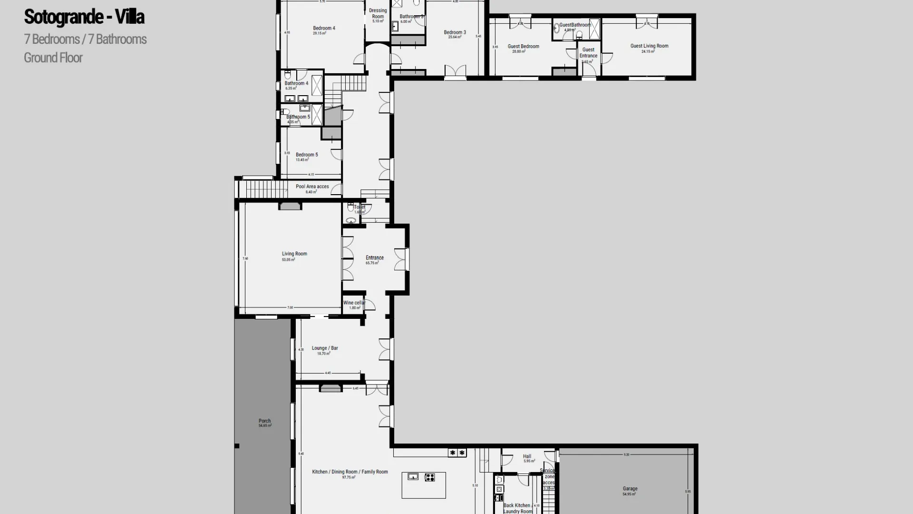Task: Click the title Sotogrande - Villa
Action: tap(84, 17)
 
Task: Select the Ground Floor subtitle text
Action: tap(53, 58)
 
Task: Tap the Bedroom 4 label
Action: tap(324, 28)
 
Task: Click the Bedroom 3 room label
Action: tap(455, 32)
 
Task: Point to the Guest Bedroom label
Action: tap(523, 47)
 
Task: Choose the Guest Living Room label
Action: tap(649, 46)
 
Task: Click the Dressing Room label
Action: tap(378, 13)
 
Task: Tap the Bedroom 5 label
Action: tap(307, 155)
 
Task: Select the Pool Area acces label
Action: tap(312, 187)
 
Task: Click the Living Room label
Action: tap(294, 254)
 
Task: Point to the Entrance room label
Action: tap(374, 258)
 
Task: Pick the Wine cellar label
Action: tap(354, 303)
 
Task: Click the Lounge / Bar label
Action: tap(325, 348)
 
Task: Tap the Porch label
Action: tap(264, 421)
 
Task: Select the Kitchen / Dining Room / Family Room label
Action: tap(350, 472)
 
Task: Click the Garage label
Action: tap(630, 489)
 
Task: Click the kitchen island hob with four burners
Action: tap(429, 477)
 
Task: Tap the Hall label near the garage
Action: tap(527, 456)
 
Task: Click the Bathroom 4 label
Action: tap(296, 83)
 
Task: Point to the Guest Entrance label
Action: tap(588, 52)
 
